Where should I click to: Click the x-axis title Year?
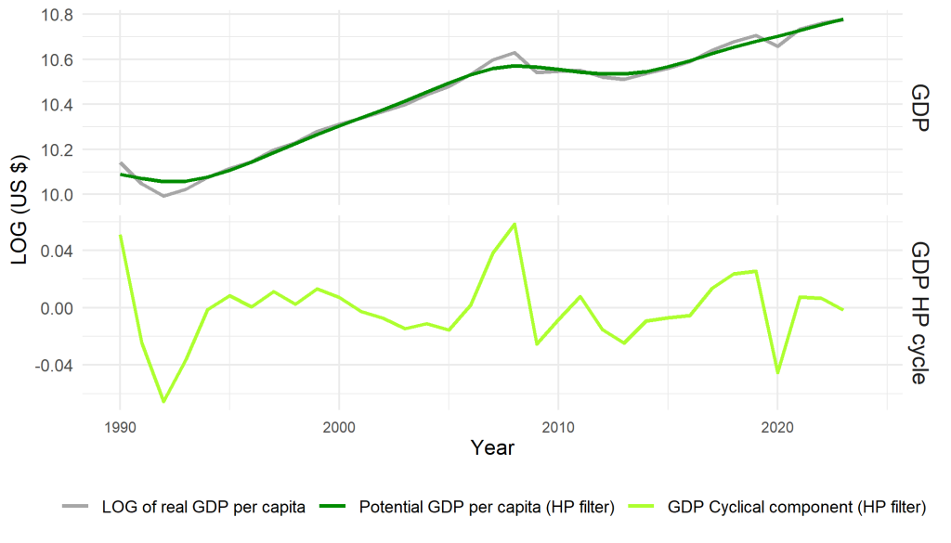click(x=492, y=447)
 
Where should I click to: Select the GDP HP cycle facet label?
click(x=920, y=313)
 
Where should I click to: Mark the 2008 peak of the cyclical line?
click(x=515, y=224)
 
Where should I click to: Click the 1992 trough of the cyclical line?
click(x=164, y=402)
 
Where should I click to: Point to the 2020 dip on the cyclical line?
click(x=776, y=372)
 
